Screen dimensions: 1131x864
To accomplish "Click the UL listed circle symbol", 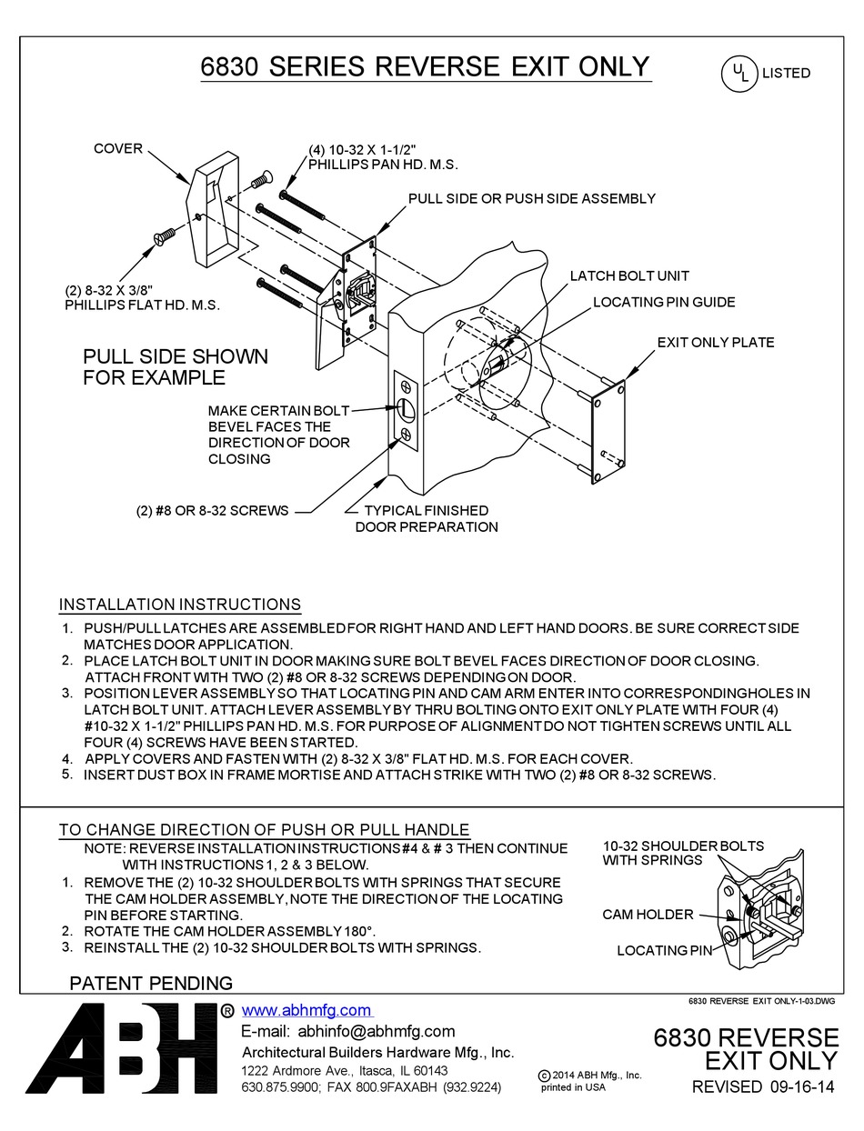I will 739,74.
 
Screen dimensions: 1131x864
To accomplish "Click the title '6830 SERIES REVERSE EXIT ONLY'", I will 426,66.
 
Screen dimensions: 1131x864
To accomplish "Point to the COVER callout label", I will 118,148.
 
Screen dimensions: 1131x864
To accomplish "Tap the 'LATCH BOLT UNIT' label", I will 628,275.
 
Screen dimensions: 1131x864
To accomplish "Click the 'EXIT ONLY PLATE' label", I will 716,343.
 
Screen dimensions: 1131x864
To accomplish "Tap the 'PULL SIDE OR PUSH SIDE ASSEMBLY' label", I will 531,198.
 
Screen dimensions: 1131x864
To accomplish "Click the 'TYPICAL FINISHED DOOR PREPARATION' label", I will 426,518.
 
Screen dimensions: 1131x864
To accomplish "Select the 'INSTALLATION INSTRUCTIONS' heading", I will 180,605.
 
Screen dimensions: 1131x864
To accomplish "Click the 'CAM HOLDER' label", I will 648,915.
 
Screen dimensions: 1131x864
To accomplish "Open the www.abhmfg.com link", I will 306,1010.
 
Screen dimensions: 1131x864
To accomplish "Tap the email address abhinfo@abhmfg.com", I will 347,1031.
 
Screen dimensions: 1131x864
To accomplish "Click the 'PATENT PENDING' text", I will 151,983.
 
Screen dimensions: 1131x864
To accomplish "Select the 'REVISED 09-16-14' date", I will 763,1087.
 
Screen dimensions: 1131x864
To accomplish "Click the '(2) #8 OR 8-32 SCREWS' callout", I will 212,510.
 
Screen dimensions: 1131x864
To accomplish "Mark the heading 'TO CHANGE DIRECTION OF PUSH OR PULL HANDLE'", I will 265,829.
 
